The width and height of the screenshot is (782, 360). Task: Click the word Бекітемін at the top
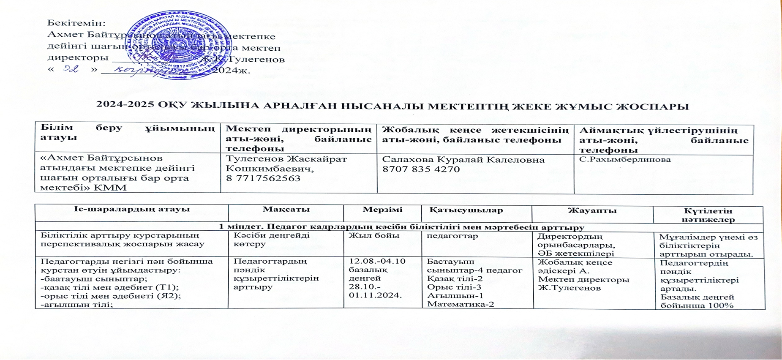point(76,23)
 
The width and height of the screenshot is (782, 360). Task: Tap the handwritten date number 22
point(71,69)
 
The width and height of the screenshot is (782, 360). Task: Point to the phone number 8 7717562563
point(263,178)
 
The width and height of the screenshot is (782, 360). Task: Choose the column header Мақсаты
point(286,210)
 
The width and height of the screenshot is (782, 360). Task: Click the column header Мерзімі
point(382,210)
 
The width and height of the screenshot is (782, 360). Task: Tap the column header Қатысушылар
point(466,210)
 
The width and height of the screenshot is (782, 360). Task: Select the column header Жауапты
point(592,210)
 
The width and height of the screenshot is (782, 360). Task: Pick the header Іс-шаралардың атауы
point(132,209)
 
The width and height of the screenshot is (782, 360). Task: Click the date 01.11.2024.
point(375,295)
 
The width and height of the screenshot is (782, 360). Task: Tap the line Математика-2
point(460,304)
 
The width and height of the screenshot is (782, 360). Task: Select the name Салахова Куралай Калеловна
point(463,160)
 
